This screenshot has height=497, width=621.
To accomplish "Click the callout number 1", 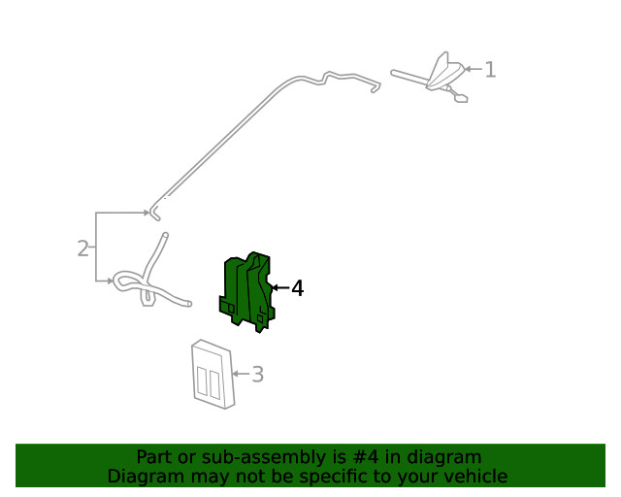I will click(490, 69).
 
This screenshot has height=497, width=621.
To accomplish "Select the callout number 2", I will click(82, 248).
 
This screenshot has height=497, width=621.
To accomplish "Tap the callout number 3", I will click(257, 374).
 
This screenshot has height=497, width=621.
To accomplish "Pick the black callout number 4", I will click(297, 288).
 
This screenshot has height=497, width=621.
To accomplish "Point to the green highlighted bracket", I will click(247, 291).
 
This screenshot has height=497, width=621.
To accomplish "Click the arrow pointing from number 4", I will click(279, 288).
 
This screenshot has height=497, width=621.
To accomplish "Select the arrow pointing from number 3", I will click(240, 374).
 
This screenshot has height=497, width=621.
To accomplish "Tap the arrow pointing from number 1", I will click(473, 69).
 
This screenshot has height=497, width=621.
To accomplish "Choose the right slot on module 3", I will click(214, 383).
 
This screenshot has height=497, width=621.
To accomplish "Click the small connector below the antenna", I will click(459, 96).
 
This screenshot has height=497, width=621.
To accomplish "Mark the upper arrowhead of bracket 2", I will click(145, 213).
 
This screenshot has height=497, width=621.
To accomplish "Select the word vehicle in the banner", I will click(475, 476).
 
